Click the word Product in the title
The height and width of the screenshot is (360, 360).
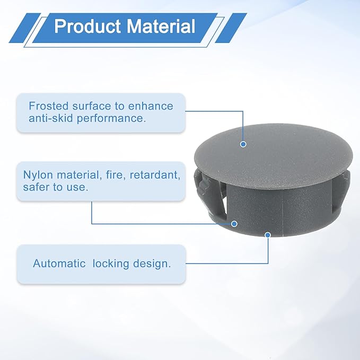tap(87, 26)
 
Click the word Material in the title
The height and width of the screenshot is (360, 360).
tap(161, 26)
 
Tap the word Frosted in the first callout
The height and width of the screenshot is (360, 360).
tap(49, 106)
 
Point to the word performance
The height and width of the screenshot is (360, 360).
tap(111, 119)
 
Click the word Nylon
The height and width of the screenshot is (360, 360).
tap(38, 175)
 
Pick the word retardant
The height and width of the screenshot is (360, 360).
tap(155, 175)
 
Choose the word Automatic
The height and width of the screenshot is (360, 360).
tap(59, 264)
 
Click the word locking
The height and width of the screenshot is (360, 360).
tap(111, 264)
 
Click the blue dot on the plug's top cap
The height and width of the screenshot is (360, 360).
tap(243, 144)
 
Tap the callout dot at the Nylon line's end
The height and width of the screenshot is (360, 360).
tap(234, 224)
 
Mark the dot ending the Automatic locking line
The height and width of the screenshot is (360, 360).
tap(268, 235)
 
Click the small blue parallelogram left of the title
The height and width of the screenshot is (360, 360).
tap(24, 28)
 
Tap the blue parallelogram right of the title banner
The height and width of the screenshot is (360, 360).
tap(231, 28)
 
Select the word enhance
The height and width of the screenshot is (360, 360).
tap(151, 106)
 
